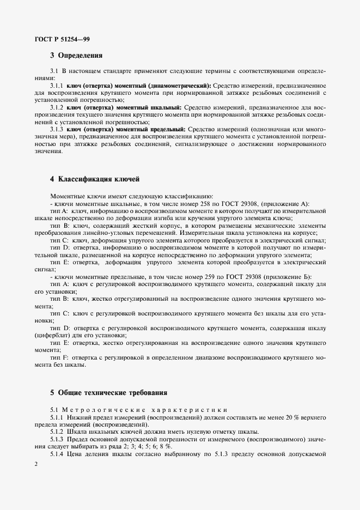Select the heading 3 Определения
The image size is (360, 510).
tap(76, 55)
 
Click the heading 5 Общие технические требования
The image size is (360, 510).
tap(108, 392)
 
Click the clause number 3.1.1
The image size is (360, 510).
tap(57, 86)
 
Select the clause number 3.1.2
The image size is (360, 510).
tap(57, 108)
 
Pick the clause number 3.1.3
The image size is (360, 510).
tap(57, 129)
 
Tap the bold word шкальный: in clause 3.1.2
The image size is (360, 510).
tap(166, 108)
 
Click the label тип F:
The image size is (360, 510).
tap(58, 357)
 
